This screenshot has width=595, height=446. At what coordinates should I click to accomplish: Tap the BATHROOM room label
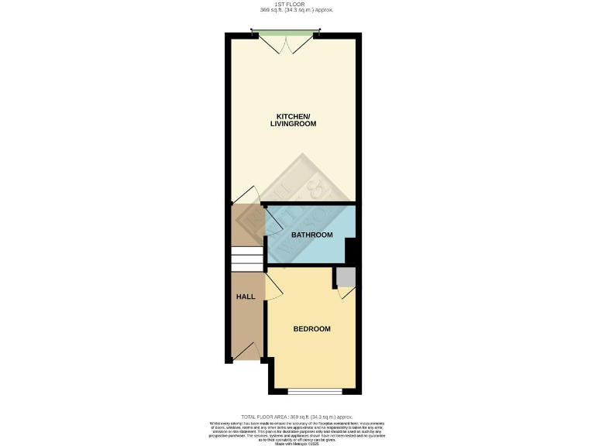(311, 235)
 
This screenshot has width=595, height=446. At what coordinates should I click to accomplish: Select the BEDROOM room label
(311, 329)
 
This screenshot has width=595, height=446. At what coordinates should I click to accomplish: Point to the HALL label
(246, 297)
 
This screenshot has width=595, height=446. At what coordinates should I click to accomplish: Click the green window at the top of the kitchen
(284, 33)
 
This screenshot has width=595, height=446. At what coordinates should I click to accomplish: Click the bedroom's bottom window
(314, 389)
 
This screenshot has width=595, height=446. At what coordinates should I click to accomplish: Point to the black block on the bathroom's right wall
(350, 250)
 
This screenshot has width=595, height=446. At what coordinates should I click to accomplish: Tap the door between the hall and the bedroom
(273, 287)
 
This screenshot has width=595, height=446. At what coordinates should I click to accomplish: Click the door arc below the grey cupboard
(346, 293)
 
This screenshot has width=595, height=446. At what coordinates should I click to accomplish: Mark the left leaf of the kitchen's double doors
(275, 45)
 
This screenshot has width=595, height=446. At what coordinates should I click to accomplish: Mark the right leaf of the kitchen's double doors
(295, 45)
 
